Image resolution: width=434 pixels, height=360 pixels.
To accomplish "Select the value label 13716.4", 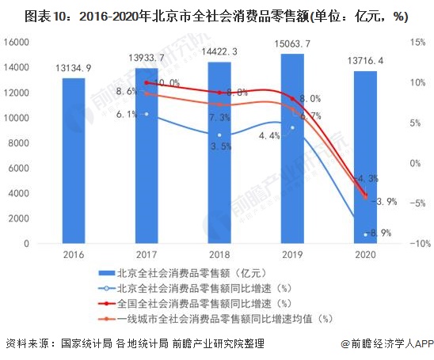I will point(365,60).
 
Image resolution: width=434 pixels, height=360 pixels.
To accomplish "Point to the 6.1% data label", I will point(127,114).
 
